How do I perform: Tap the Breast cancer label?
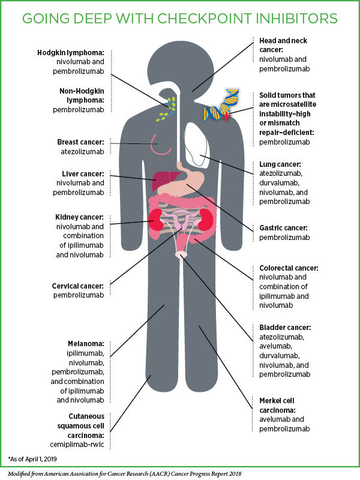[x=80, y=142]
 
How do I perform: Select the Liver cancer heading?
[x=80, y=173]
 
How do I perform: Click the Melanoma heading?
[x=86, y=344]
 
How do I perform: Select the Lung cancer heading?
[x=280, y=164]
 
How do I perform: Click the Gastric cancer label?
[x=283, y=229]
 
